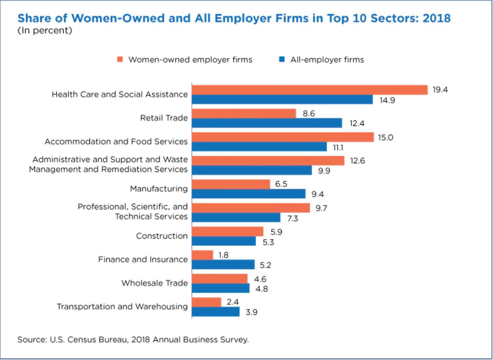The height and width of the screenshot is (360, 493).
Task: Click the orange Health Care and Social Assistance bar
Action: pyautogui.click(x=309, y=90)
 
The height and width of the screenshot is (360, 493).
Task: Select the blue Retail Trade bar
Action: pyautogui.click(x=267, y=123)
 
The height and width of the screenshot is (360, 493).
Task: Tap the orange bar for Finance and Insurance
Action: pyautogui.click(x=202, y=255)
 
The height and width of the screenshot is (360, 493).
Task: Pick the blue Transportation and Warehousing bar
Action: pyautogui.click(x=216, y=312)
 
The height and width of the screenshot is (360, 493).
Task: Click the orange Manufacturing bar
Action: pyautogui.click(x=231, y=184)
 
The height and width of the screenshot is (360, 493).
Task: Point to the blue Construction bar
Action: pyautogui.click(x=224, y=241)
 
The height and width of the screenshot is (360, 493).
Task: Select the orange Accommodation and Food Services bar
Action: pyautogui.click(x=283, y=137)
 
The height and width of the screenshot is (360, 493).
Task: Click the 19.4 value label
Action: pyautogui.click(x=440, y=90)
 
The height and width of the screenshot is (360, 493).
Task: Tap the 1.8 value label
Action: pyautogui.click(x=223, y=255)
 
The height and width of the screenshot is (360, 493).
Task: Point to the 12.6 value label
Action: pyautogui.click(x=357, y=161)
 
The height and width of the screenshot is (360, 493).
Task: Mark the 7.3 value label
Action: pyautogui.click(x=292, y=219)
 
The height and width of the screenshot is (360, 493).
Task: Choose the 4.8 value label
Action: pyautogui.click(x=262, y=289)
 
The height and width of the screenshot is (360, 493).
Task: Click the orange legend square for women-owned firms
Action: pyautogui.click(x=120, y=59)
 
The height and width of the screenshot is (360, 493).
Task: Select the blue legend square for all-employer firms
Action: pyautogui.click(x=282, y=59)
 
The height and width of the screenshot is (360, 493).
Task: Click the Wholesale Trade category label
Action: pyautogui.click(x=155, y=283)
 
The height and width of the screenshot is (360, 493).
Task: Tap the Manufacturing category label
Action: pyautogui.click(x=159, y=189)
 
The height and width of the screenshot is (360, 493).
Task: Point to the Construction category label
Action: pyautogui.click(x=162, y=236)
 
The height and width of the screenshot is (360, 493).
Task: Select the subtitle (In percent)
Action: pyautogui.click(x=45, y=30)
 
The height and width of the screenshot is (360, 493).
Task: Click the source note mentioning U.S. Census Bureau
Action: pyautogui.click(x=133, y=340)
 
